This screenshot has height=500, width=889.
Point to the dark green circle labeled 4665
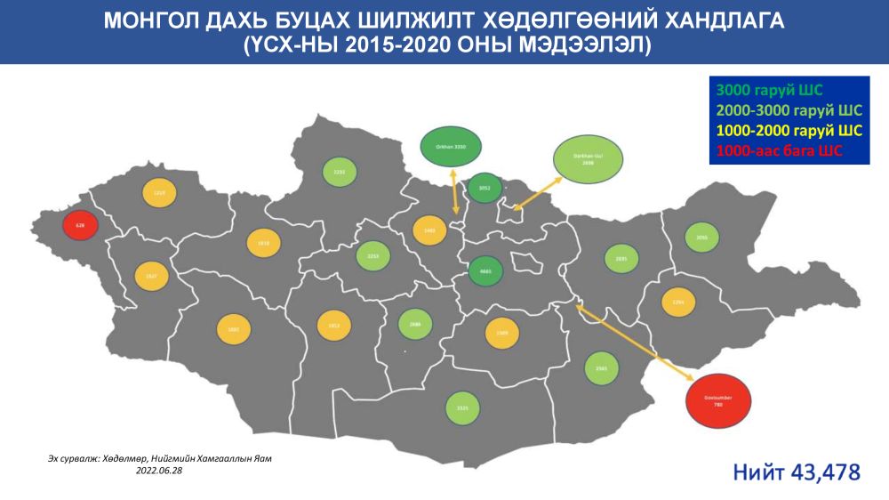coord(485,271)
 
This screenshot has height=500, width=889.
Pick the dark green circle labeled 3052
coord(485,188)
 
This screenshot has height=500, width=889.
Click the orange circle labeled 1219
coord(160,193)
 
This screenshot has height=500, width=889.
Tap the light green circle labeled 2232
coord(339,171)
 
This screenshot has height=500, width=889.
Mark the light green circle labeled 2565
coord(601,367)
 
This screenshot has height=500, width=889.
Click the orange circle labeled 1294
coord(678,302)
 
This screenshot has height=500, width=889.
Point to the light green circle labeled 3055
coord(702,238)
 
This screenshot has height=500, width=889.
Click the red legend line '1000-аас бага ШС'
coord(778,151)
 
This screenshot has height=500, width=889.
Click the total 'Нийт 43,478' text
coord(796,472)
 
